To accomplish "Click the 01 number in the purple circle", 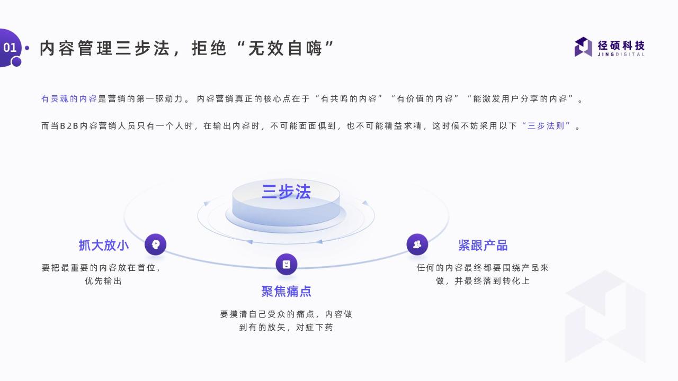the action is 10,48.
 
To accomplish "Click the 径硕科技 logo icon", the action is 583,47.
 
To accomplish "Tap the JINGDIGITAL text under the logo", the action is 621,55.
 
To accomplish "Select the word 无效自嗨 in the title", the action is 285,48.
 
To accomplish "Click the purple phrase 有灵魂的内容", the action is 69,99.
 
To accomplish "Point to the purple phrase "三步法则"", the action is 546,126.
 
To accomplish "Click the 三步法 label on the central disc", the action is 286,192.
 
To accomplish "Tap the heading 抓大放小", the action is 104,245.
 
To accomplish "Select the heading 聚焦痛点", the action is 287,292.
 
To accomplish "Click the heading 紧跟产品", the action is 483,245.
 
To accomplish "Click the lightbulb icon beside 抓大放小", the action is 156,244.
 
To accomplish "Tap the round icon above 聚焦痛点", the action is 287,264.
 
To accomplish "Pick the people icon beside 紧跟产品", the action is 417,244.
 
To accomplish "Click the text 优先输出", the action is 103,281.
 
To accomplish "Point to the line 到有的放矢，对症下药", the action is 286,328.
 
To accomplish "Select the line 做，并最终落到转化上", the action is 483,281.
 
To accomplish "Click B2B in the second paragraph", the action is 69,126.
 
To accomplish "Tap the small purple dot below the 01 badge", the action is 16,62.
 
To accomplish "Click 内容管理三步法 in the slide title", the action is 104,48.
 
